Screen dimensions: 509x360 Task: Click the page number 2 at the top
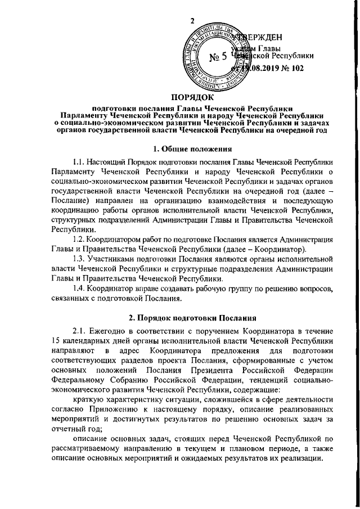pos(193,21)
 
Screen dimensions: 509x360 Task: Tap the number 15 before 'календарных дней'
pos(55,340)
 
